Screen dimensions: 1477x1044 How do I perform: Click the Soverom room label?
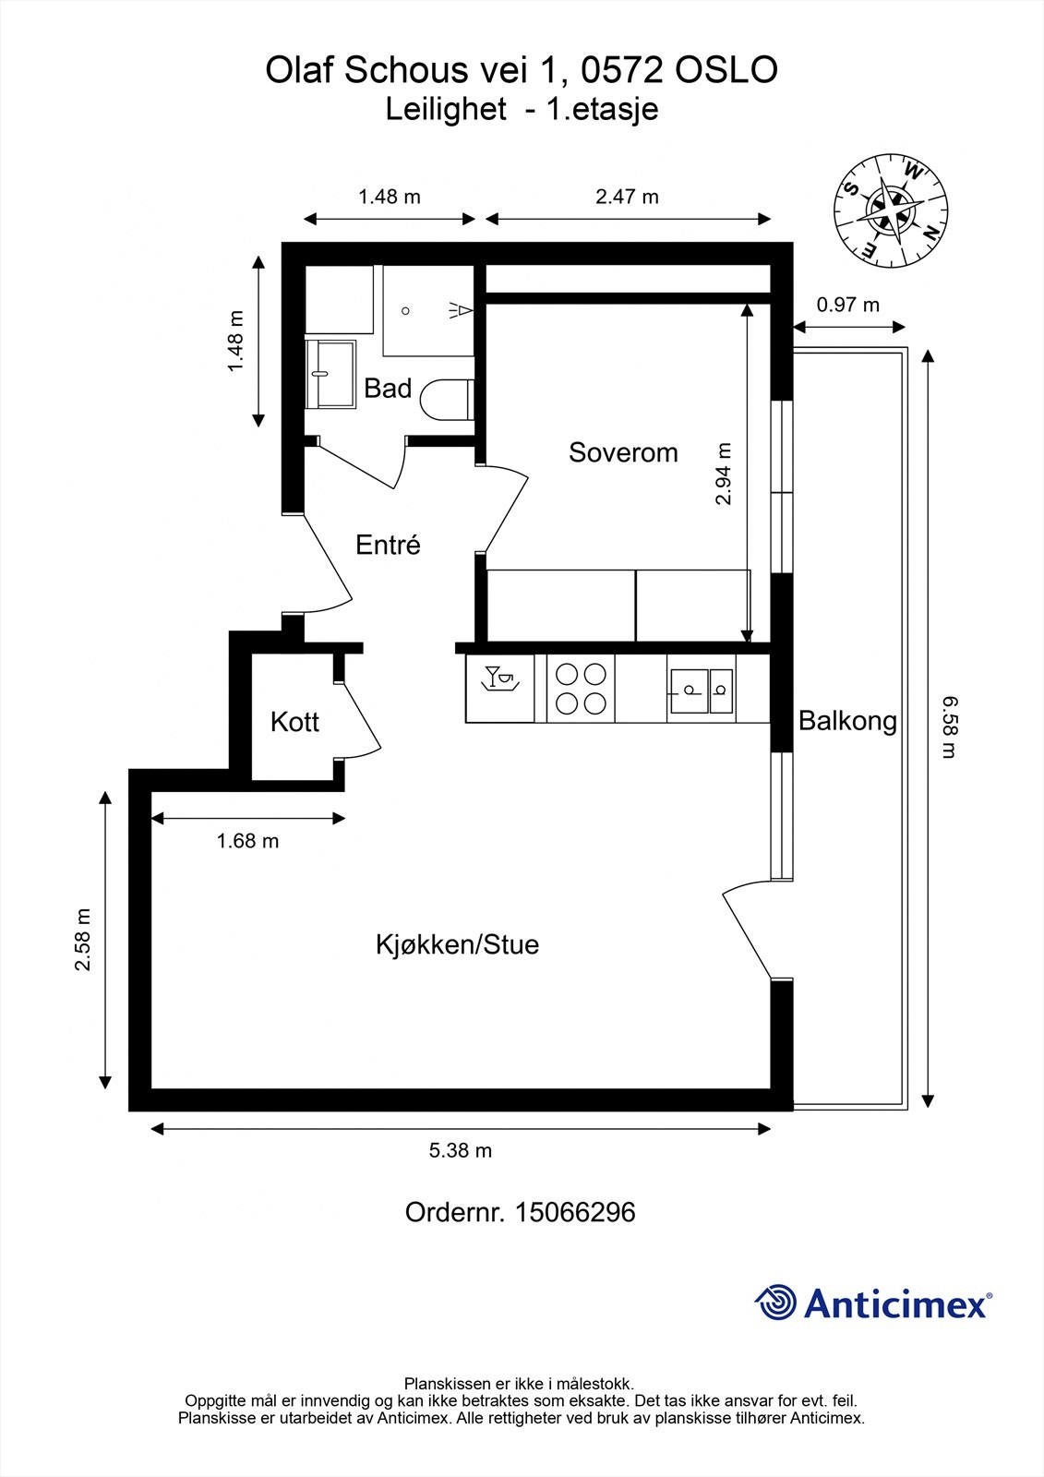pyautogui.click(x=623, y=452)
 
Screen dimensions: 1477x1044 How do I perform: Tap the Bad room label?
pyautogui.click(x=388, y=389)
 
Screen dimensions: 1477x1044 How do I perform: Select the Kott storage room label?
pyautogui.click(x=294, y=722)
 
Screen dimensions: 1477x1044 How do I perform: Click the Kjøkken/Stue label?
pyautogui.click(x=457, y=944)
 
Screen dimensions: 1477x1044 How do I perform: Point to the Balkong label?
pyautogui.click(x=847, y=720)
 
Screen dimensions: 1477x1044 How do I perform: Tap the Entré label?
pyautogui.click(x=388, y=546)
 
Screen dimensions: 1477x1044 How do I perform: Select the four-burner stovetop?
pyautogui.click(x=581, y=689)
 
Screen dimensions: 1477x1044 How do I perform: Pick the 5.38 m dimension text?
pyautogui.click(x=460, y=1150)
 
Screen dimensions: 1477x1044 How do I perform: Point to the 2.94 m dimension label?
pyautogui.click(x=724, y=474)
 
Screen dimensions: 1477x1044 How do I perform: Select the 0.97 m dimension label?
pyautogui.click(x=848, y=305)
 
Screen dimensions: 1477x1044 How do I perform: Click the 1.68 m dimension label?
pyautogui.click(x=247, y=841)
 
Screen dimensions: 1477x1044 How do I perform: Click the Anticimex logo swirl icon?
pyautogui.click(x=776, y=1303)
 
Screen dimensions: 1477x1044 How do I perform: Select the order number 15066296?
pyautogui.click(x=575, y=1212)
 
